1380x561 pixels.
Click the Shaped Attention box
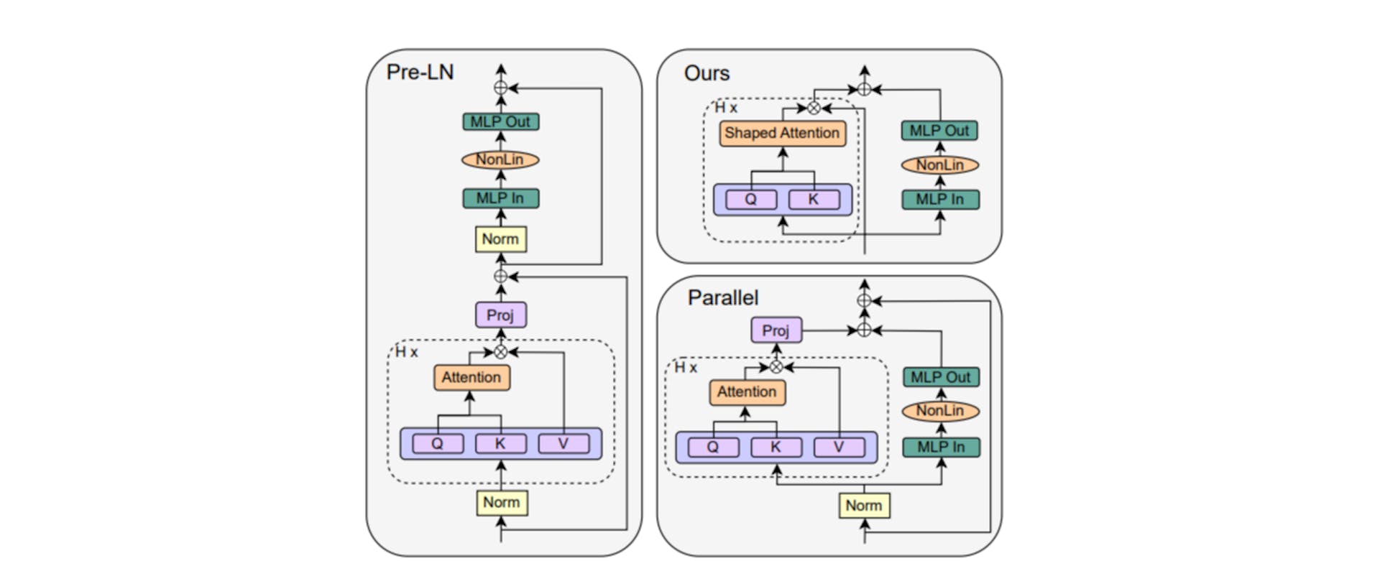(x=782, y=133)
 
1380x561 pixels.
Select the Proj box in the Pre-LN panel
(x=500, y=315)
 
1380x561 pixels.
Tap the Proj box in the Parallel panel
(x=776, y=330)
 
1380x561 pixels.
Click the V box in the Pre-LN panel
(x=563, y=444)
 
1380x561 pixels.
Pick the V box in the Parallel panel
(x=838, y=447)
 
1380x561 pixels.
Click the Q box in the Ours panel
(x=750, y=199)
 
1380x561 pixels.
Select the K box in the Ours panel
(x=813, y=199)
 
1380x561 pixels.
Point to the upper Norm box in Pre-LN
(x=500, y=238)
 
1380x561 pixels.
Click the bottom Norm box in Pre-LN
(x=501, y=502)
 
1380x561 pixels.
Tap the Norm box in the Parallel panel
(x=864, y=505)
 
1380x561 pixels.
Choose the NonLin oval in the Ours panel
(x=939, y=165)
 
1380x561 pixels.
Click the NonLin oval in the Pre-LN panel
(x=500, y=159)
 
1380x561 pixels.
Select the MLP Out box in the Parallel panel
(x=940, y=377)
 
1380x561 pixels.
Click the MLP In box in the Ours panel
(x=939, y=199)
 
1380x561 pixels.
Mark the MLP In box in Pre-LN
(x=500, y=198)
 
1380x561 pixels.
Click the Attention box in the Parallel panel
(x=747, y=392)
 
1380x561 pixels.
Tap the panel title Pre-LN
(x=420, y=73)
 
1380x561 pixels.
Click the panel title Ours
(x=707, y=73)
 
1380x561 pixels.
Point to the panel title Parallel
(x=722, y=297)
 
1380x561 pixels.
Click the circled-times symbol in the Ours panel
(x=813, y=108)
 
